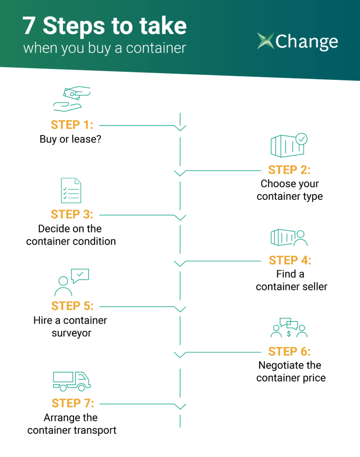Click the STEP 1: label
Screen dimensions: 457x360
[x=72, y=125]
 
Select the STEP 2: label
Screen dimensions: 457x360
[x=289, y=170]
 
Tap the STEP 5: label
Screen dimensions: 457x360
[x=72, y=306]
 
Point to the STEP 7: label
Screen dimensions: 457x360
[x=73, y=403]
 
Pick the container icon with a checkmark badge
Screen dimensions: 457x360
[x=289, y=145]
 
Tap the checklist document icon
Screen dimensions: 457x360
[x=71, y=190]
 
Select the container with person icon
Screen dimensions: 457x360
[x=289, y=237]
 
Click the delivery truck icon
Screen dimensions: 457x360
[x=72, y=381]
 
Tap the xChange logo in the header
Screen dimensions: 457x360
[x=297, y=41]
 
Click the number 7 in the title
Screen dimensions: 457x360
[x=29, y=27]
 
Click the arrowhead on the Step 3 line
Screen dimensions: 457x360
[x=180, y=217]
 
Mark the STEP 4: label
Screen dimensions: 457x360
[x=290, y=260]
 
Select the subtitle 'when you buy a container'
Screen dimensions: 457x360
[x=105, y=48]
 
